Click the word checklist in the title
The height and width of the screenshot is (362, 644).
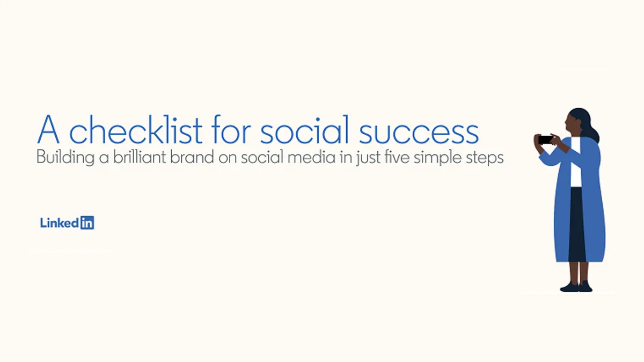[x=136, y=130]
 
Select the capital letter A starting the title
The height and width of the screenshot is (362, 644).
[x=48, y=130]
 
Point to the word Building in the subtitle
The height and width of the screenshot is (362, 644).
[x=65, y=158]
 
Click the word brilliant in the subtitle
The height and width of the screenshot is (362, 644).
[x=140, y=157]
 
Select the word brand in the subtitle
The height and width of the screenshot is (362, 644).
[x=192, y=157]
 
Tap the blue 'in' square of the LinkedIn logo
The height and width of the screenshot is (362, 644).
[x=87, y=223]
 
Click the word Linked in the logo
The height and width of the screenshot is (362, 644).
[x=60, y=223]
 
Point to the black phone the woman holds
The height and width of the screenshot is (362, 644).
[x=545, y=140]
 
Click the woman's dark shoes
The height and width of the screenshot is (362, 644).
[x=576, y=287]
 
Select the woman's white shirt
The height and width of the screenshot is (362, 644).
[x=576, y=162]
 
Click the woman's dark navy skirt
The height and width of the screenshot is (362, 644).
[x=577, y=224]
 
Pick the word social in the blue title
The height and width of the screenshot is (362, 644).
[x=304, y=130]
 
